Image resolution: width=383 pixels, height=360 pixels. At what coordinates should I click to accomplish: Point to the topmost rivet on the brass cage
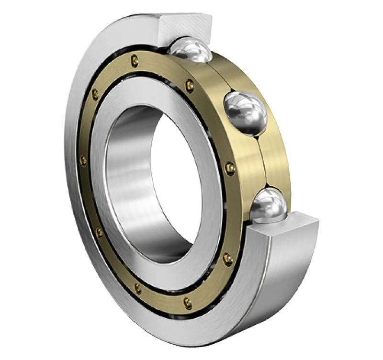(135, 60)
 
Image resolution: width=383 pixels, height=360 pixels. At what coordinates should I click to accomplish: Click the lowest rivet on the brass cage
(188, 303)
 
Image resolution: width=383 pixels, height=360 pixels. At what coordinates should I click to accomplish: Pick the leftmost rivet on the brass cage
(83, 161)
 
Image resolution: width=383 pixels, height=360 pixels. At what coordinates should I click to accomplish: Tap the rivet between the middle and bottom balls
(230, 168)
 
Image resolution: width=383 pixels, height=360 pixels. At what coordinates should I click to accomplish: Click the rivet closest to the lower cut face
(227, 259)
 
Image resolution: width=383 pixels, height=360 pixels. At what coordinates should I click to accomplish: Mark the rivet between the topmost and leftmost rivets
(95, 93)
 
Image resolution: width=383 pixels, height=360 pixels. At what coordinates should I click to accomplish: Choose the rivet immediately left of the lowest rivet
(138, 288)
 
